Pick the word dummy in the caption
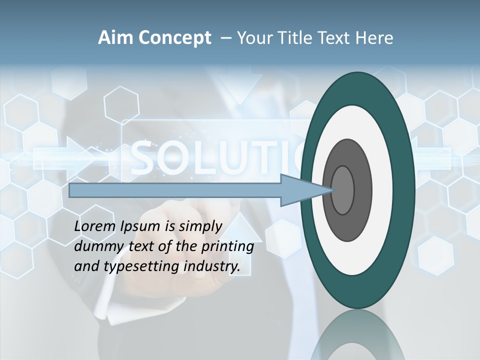click(x=94, y=247)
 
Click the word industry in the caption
click(x=212, y=266)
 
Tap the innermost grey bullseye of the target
click(x=343, y=190)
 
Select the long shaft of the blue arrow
click(x=175, y=190)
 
